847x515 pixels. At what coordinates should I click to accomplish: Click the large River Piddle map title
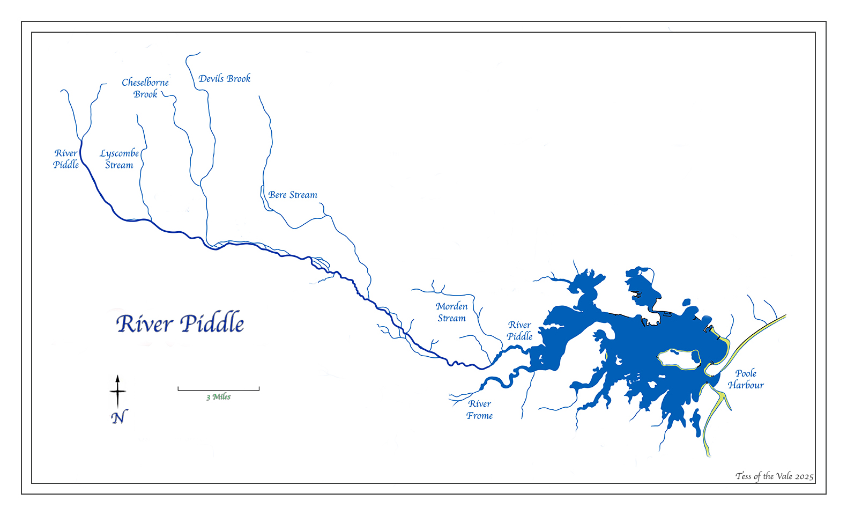pos(180,323)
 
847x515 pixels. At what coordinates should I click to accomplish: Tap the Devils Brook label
pos(224,78)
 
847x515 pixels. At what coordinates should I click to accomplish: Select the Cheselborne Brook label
pos(145,88)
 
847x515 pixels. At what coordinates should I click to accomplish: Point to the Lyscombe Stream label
pos(119,159)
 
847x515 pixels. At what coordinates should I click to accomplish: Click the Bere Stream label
pos(293,195)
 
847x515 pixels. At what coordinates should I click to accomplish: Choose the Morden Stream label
pos(451,312)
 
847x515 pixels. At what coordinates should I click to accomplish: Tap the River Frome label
pos(479,410)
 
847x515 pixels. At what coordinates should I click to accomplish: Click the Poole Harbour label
pos(746,379)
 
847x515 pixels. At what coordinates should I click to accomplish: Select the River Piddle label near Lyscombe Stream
pos(66,159)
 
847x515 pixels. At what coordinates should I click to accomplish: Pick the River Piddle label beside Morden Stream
pos(519,330)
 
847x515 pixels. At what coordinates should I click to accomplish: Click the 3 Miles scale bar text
pos(219,397)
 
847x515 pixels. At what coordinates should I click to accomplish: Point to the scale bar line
pos(219,390)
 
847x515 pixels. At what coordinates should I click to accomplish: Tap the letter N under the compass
pos(119,417)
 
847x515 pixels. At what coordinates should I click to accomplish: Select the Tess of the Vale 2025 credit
pos(774,476)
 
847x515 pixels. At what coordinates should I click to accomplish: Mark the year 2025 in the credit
pos(804,476)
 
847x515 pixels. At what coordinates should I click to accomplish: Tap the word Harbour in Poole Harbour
pos(746,385)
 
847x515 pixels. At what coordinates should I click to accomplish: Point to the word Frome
pos(479,416)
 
